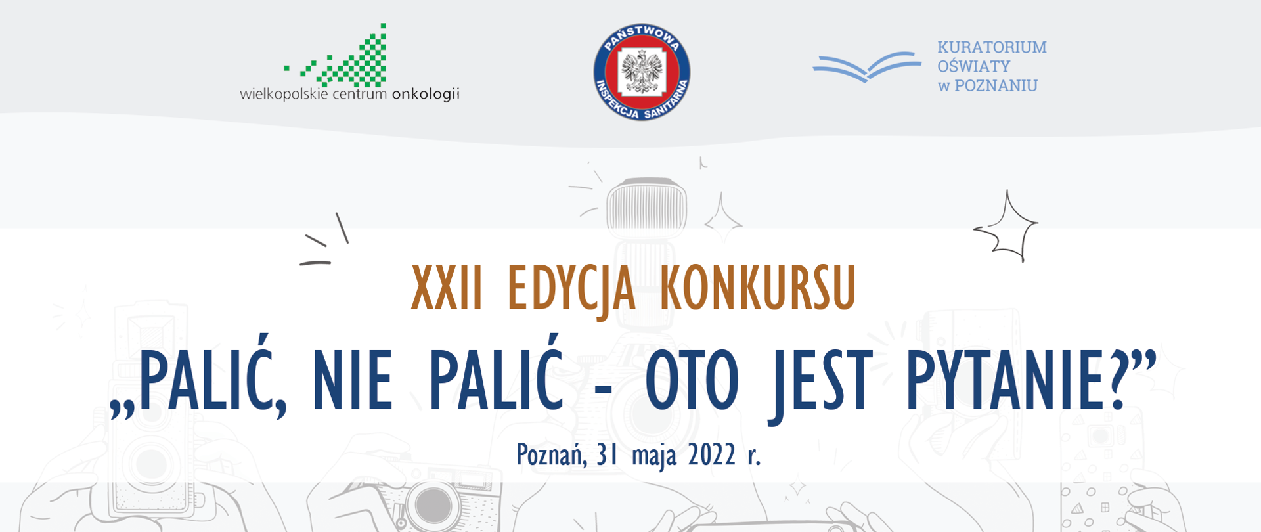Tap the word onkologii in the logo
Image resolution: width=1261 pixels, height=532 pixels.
click(425, 94)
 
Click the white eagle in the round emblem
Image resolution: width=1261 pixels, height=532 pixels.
click(642, 71)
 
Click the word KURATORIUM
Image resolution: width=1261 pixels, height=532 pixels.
click(992, 47)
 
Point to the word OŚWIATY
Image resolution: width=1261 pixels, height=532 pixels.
click(973, 66)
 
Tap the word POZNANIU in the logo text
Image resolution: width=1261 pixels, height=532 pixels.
click(996, 86)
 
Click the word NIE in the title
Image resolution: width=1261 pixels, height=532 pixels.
click(353, 380)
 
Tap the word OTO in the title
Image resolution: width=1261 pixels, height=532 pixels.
click(692, 380)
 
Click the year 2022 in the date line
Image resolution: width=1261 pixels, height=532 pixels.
click(711, 454)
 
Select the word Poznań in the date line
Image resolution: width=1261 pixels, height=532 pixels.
click(551, 454)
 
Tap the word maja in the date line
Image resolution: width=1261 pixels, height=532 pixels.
click(653, 454)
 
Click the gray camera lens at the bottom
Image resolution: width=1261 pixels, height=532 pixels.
click(433, 506)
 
